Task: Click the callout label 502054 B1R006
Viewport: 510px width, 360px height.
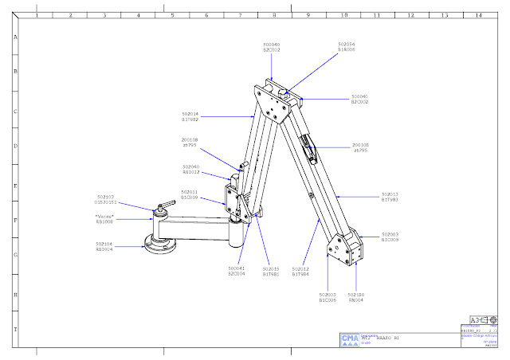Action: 347,47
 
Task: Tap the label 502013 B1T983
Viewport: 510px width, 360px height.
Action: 390,197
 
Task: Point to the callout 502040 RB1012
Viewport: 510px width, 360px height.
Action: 190,169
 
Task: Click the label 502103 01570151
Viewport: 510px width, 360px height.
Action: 105,199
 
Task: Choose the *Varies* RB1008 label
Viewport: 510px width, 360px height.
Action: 105,219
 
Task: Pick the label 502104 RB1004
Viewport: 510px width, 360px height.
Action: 104,247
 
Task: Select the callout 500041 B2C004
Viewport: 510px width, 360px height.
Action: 237,272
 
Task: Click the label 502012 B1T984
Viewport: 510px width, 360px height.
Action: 300,272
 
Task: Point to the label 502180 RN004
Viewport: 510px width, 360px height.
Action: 355,298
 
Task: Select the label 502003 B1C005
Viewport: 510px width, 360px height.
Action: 328,298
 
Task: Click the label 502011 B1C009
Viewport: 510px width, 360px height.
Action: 189,194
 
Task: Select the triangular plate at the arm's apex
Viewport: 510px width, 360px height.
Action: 277,102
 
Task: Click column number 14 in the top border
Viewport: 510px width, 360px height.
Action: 478,14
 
